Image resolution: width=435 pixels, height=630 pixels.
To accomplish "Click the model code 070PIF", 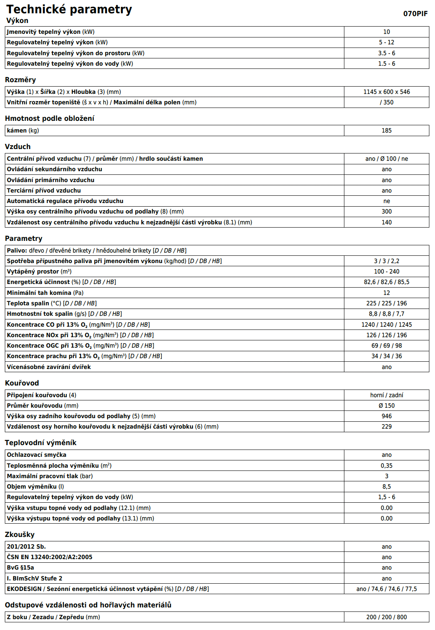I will (x=415, y=14).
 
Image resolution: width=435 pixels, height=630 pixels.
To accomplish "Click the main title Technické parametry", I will (x=69, y=9).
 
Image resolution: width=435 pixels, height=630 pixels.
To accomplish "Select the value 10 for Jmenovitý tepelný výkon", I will (x=386, y=32).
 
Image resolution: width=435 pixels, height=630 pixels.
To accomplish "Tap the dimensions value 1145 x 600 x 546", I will (x=386, y=92).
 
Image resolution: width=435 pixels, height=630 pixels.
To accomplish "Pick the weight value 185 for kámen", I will (x=386, y=131).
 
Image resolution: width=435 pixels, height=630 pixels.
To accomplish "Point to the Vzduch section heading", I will (x=18, y=147).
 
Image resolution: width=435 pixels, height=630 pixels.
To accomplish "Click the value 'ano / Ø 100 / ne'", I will (x=386, y=159).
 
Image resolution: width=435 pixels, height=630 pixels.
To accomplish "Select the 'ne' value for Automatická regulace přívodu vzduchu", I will (x=386, y=201).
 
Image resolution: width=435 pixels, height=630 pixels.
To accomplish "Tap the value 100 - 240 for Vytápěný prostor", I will (x=386, y=271).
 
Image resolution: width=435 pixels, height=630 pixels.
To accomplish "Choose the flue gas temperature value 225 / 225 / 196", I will (x=386, y=303).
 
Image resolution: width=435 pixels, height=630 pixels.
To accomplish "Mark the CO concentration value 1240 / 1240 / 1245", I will (x=386, y=325).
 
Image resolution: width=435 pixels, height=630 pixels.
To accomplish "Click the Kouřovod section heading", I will (x=22, y=383).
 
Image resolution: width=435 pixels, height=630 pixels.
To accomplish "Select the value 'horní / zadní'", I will (x=386, y=395).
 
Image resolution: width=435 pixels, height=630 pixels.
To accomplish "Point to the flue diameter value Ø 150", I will (x=386, y=406).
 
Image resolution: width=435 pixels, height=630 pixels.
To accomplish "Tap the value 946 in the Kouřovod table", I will (x=386, y=416).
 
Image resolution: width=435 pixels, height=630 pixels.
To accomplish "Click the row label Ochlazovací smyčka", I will (x=37, y=455).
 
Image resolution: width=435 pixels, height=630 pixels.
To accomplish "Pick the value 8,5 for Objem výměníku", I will (x=386, y=487).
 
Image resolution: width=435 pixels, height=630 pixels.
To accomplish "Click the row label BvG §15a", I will (x=21, y=568).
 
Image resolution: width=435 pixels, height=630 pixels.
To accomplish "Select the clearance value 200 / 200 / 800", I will (x=386, y=617).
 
